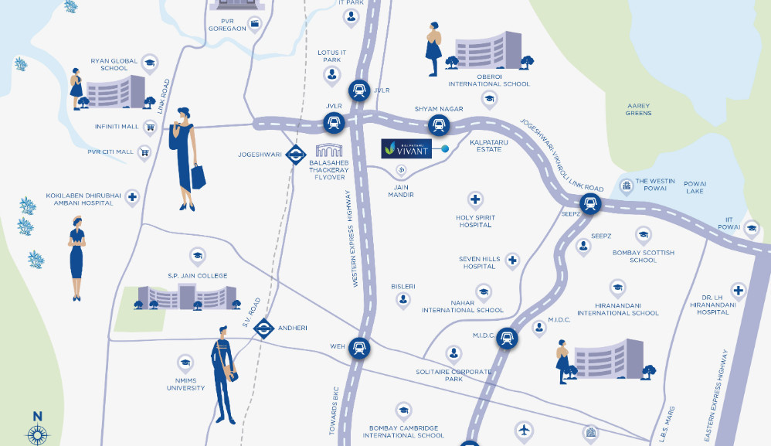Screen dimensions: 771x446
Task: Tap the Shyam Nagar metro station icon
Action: pyautogui.click(x=439, y=124)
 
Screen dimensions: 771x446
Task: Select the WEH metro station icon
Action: pyautogui.click(x=358, y=349)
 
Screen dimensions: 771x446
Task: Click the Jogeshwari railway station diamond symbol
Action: pyautogui.click(x=295, y=155)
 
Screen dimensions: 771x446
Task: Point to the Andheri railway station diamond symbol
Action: pyautogui.click(x=264, y=329)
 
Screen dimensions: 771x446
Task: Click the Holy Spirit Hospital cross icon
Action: pyautogui.click(x=475, y=200)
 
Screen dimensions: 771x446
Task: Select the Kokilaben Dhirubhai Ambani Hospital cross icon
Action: pyautogui.click(x=132, y=198)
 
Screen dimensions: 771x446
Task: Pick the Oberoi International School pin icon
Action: pyautogui.click(x=488, y=98)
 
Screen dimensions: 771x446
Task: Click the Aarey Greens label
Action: pyautogui.click(x=638, y=110)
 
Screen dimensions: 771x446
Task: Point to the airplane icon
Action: pyautogui.click(x=524, y=430)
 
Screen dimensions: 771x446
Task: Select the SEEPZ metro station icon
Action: pyautogui.click(x=592, y=204)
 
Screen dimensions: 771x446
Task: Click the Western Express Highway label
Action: pyautogui.click(x=356, y=239)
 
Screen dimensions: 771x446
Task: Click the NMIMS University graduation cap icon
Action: pyautogui.click(x=185, y=362)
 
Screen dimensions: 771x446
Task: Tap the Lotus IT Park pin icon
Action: pyautogui.click(x=332, y=75)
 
